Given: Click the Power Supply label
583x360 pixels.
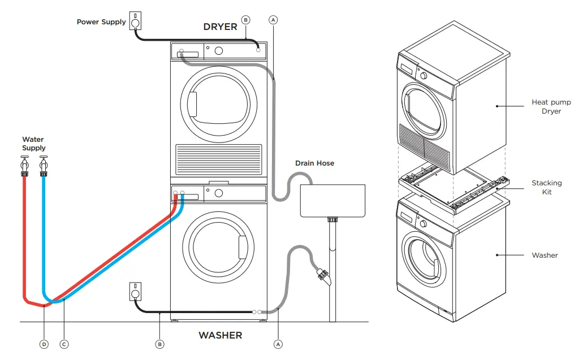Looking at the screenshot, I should [x=101, y=22].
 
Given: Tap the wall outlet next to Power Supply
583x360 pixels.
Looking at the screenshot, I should [x=135, y=21].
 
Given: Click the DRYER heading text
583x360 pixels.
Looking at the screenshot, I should [x=220, y=27].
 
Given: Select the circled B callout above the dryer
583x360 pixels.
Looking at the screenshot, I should [x=245, y=20].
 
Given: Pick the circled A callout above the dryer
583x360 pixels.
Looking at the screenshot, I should [x=273, y=20].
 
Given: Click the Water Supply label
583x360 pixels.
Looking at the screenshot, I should [x=33, y=144].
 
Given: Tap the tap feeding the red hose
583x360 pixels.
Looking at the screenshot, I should [x=25, y=165].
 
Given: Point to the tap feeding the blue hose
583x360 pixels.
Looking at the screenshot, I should [x=43, y=165].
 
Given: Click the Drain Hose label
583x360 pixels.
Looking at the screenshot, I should [x=314, y=163].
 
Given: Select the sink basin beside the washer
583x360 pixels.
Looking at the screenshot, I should [x=332, y=201].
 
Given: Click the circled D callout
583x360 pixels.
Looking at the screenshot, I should [x=45, y=344].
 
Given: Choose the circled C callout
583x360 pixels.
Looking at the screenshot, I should [x=64, y=344].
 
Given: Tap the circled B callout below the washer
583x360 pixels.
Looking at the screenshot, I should [x=159, y=344].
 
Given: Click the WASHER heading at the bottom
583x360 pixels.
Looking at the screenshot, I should [x=220, y=336].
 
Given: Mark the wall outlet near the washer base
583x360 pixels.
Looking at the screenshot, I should [x=135, y=292].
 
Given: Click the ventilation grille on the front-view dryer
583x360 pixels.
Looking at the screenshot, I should [x=218, y=159].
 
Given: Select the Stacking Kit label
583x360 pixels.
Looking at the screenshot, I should [x=546, y=187].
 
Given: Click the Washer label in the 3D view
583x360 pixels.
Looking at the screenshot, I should [x=545, y=255].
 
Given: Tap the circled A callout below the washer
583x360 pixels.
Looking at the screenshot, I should [x=278, y=344].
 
